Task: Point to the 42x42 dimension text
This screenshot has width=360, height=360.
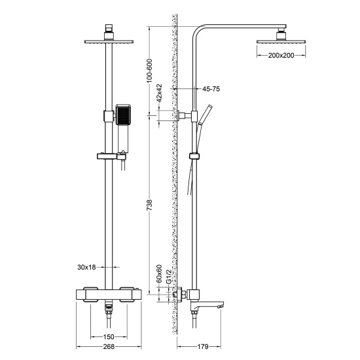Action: click(x=158, y=99)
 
